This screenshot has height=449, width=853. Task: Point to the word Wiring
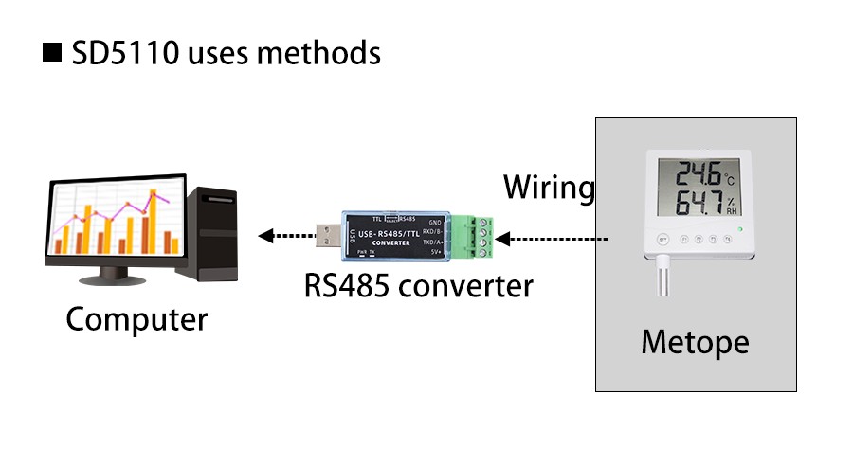click(x=548, y=187)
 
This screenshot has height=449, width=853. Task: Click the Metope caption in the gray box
click(x=695, y=341)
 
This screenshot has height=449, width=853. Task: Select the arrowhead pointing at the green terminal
click(x=502, y=236)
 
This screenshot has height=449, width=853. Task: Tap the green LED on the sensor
click(x=750, y=229)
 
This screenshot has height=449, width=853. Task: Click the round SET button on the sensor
click(x=663, y=241)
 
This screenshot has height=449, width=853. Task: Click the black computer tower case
click(x=209, y=233)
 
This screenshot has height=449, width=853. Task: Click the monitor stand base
click(x=115, y=282)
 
